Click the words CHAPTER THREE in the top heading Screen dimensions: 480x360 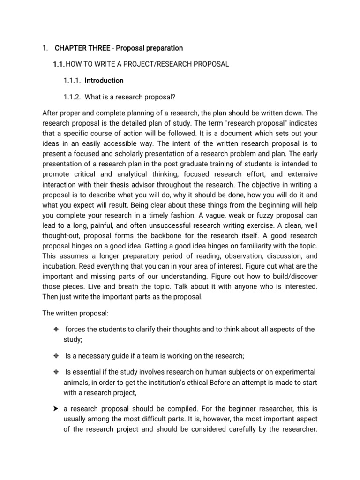coord(83,48)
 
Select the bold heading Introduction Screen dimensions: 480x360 coord(104,81)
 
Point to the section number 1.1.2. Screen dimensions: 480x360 coord(72,97)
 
